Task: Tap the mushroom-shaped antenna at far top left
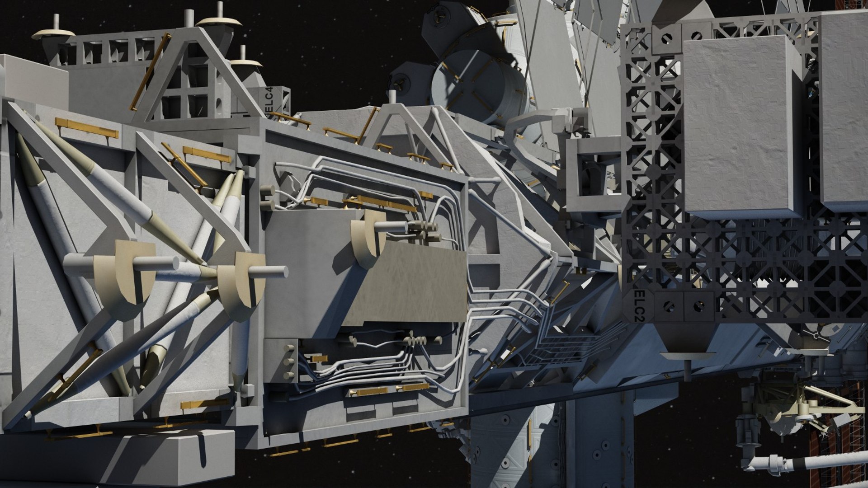point(53,33)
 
